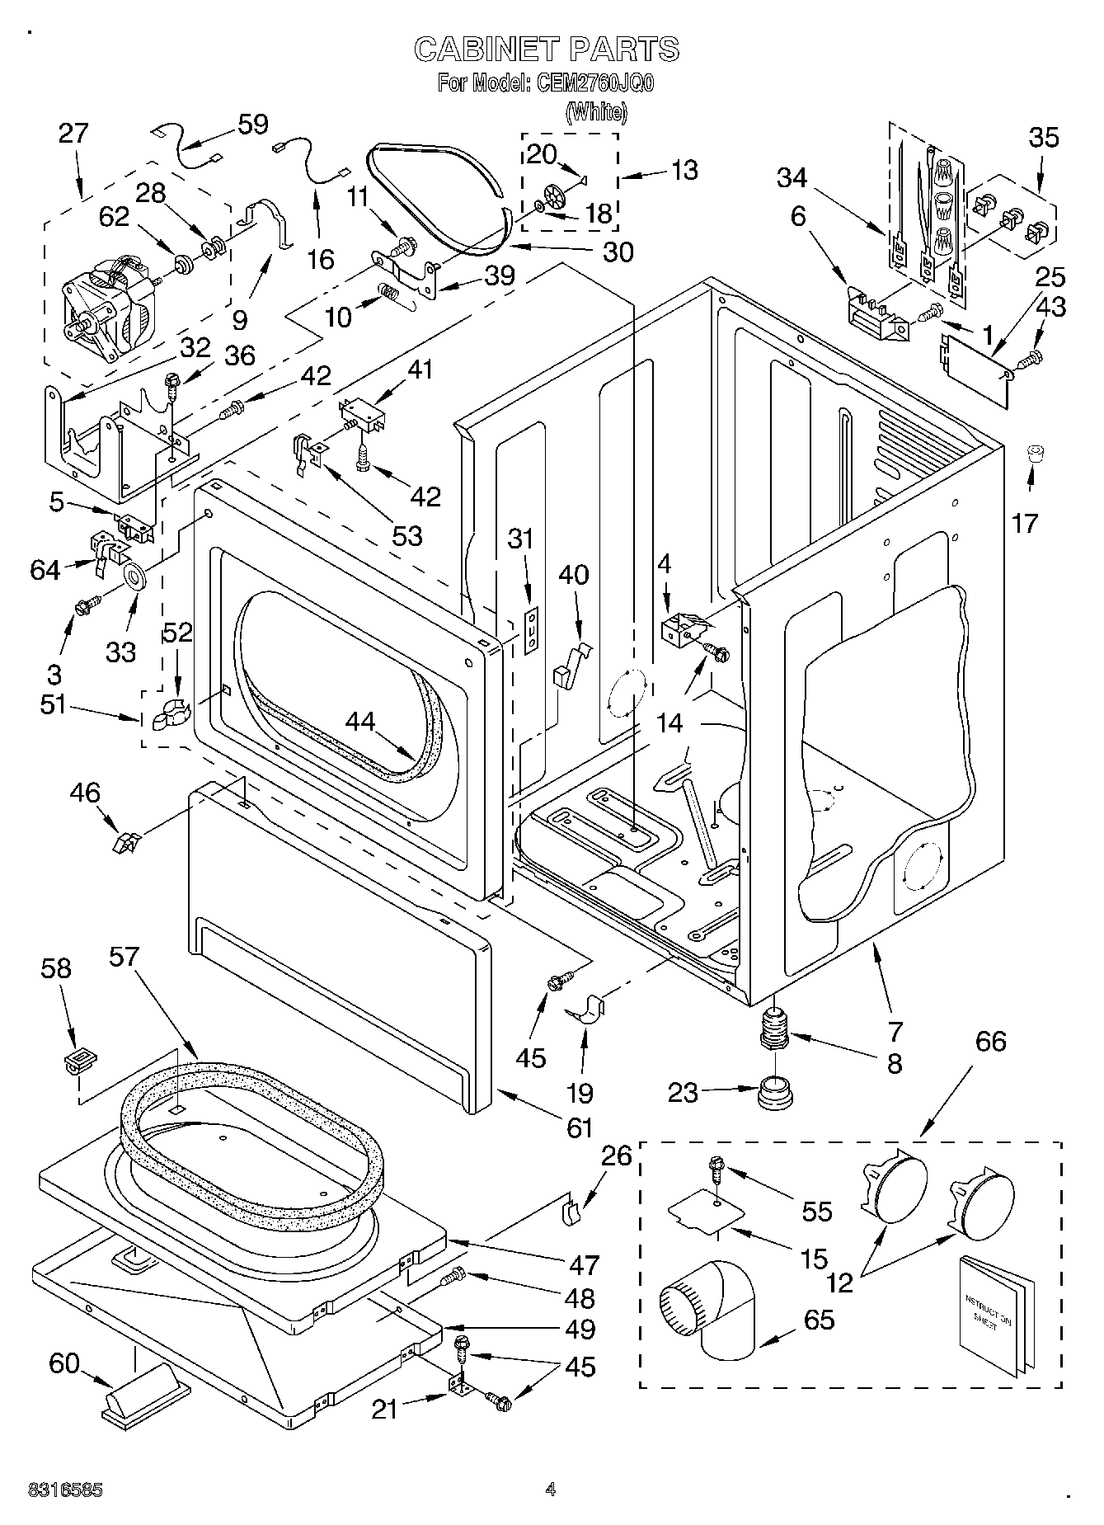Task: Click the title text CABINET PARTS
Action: (546, 49)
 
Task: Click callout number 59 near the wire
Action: (253, 125)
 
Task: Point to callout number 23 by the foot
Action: (684, 1093)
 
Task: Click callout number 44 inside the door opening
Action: (360, 722)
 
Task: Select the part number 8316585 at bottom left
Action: (65, 1490)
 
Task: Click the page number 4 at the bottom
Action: (550, 1490)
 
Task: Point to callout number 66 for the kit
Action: (990, 1041)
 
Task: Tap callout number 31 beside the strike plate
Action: (520, 539)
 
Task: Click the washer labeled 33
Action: (135, 575)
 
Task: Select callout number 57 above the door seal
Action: (124, 957)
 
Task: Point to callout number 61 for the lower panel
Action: (580, 1127)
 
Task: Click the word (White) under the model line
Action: (595, 112)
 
